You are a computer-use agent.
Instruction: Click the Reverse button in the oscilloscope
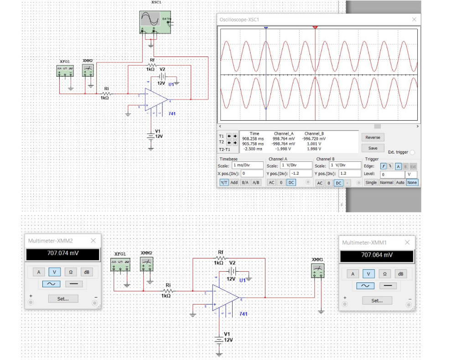pyautogui.click(x=373, y=137)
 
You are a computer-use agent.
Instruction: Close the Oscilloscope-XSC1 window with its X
pyautogui.click(x=414, y=20)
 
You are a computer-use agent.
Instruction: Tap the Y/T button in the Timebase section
pyautogui.click(x=224, y=182)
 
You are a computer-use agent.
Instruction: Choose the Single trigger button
pyautogui.click(x=371, y=182)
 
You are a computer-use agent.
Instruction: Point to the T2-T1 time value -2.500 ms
pyautogui.click(x=252, y=149)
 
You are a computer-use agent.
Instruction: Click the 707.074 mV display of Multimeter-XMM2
pyautogui.click(x=63, y=253)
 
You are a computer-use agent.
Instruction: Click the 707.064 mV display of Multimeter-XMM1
pyautogui.click(x=377, y=255)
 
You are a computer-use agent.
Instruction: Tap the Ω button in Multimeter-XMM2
pyautogui.click(x=70, y=272)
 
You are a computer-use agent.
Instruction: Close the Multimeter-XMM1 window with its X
pyautogui.click(x=407, y=242)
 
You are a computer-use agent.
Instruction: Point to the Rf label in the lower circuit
pyautogui.click(x=221, y=252)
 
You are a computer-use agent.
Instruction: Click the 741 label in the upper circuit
pyautogui.click(x=172, y=113)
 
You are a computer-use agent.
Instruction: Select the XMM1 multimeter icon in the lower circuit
pyautogui.click(x=317, y=271)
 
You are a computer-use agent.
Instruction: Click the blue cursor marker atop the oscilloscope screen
pyautogui.click(x=266, y=28)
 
